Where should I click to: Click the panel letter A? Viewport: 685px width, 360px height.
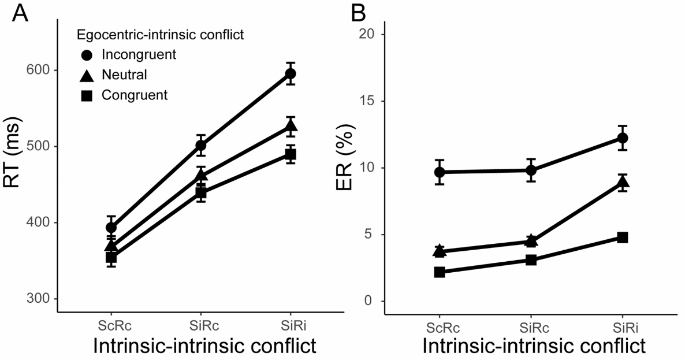coord(21,12)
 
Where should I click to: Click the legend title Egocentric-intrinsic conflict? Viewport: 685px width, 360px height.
coord(159,35)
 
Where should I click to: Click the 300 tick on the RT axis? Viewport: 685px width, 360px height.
coord(39,299)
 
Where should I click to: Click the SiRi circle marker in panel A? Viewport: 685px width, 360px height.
coord(290,73)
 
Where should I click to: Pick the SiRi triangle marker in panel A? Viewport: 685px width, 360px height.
coord(290,126)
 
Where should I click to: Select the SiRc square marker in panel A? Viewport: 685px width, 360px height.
coord(200,193)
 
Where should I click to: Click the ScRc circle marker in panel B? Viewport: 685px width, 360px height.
coord(440,172)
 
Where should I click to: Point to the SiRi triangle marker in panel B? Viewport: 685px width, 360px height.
coord(623,182)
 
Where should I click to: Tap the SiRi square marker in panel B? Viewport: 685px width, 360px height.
coord(623,237)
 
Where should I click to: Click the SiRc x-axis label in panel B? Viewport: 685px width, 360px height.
coord(531,328)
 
